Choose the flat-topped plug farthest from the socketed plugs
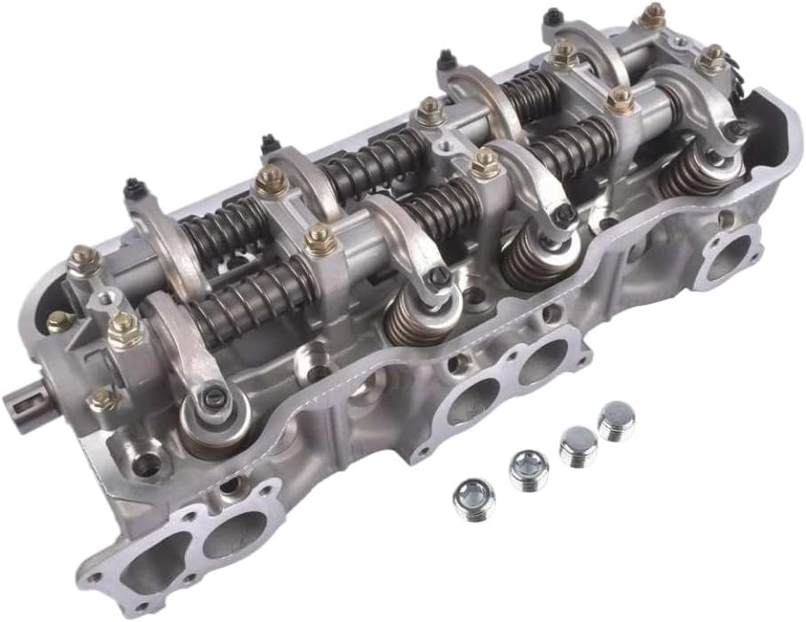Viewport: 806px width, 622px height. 616,421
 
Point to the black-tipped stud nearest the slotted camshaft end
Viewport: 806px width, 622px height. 134,187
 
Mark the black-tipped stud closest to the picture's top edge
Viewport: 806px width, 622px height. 552,15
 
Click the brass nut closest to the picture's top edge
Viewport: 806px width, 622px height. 652,14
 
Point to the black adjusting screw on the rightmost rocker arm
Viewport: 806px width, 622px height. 736,130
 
